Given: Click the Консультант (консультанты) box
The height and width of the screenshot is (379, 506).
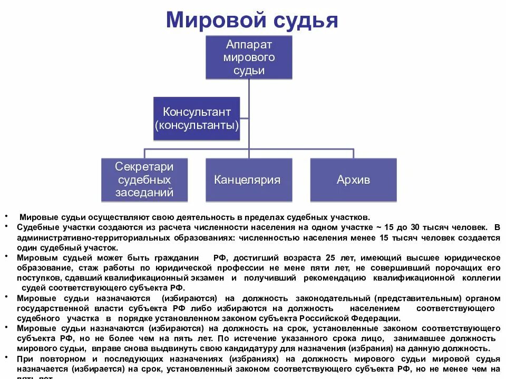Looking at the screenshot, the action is (x=197, y=118).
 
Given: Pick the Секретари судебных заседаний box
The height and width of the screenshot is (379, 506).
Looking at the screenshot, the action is (x=145, y=180).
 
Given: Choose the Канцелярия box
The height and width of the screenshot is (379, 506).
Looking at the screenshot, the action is (x=247, y=180).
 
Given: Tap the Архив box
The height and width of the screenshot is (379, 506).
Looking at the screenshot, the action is (x=353, y=180).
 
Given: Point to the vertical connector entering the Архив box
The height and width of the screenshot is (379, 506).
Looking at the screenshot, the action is (x=353, y=154).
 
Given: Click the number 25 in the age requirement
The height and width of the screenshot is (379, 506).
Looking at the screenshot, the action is (x=330, y=257).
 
